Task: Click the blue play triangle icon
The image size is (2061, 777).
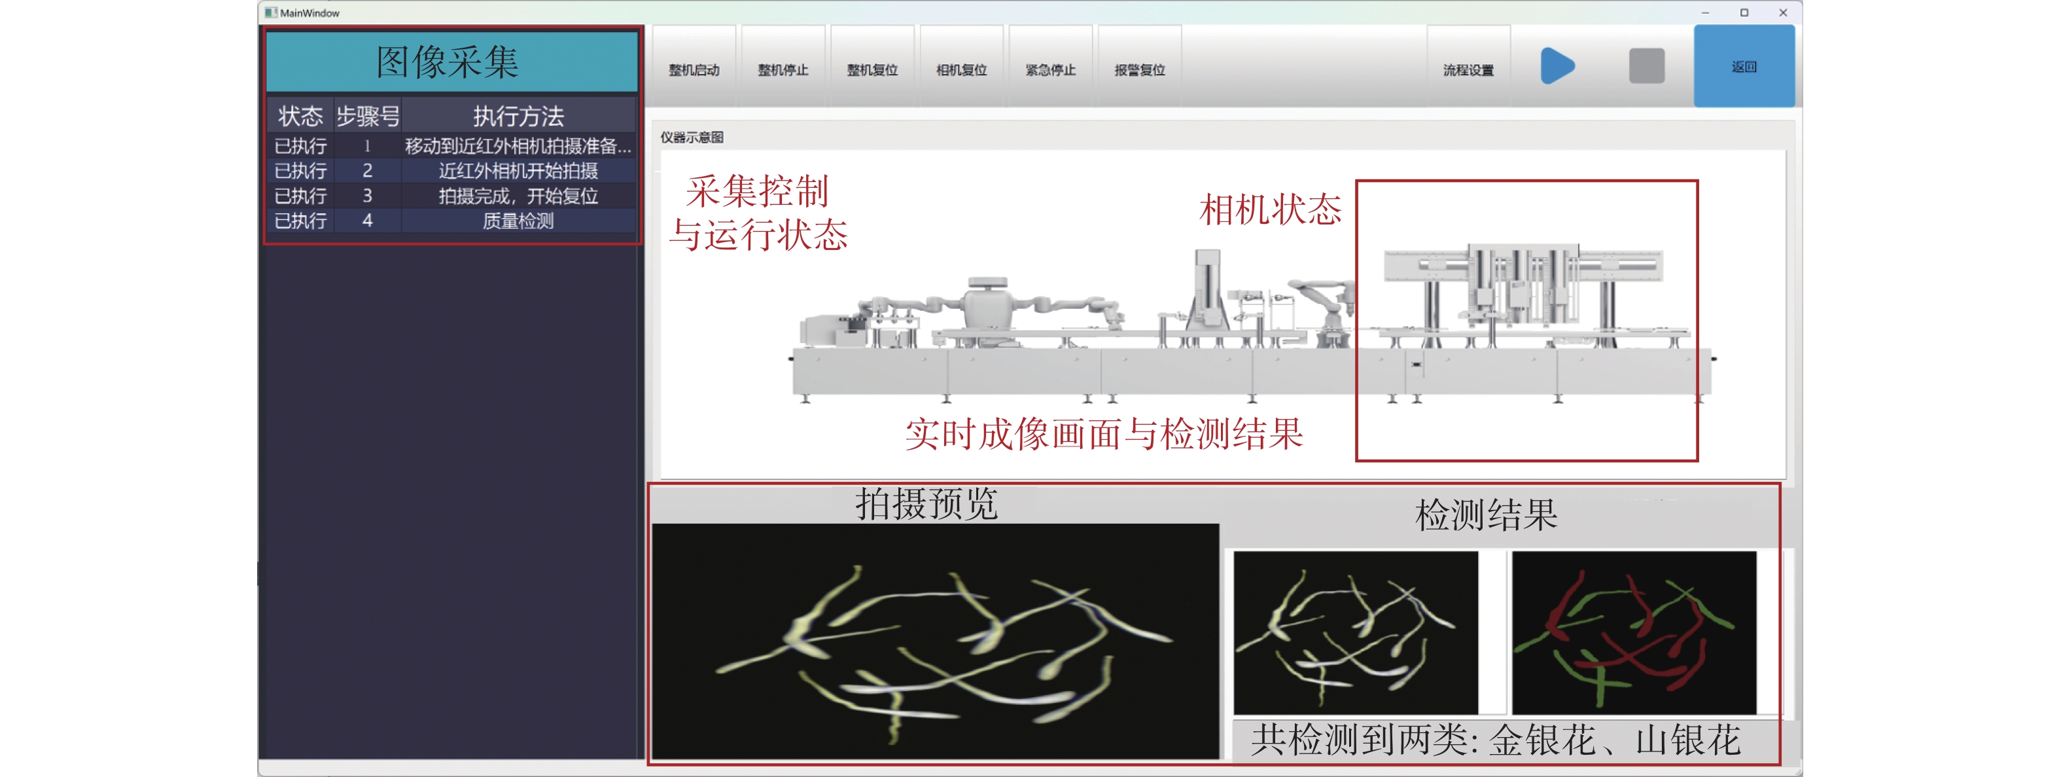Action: tap(1557, 65)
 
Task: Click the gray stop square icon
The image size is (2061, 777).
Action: tap(1647, 65)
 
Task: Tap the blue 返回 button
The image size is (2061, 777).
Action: tap(1744, 65)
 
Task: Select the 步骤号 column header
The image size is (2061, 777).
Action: tap(367, 116)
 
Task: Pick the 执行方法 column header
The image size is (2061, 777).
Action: tap(518, 116)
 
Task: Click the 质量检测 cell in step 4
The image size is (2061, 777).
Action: tap(518, 221)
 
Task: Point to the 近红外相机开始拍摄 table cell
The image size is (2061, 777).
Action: tap(518, 170)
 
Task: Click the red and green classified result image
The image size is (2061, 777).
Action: tap(1634, 632)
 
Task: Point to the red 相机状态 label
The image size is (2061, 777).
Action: tap(1271, 209)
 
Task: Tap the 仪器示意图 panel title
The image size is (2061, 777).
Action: tap(692, 137)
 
